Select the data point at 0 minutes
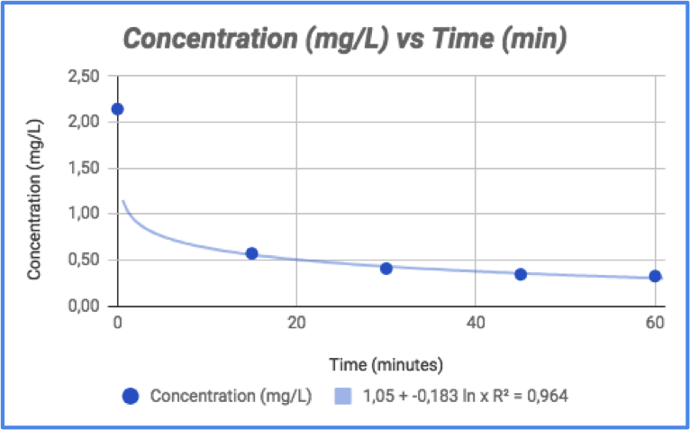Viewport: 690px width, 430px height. click(x=117, y=109)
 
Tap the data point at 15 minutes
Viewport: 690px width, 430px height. click(x=252, y=253)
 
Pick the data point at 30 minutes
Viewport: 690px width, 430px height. click(x=386, y=268)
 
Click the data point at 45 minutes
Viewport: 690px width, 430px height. click(x=521, y=274)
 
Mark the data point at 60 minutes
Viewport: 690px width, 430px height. click(x=655, y=276)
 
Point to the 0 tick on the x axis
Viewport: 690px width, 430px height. click(x=117, y=323)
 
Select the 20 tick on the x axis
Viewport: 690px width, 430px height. click(x=296, y=323)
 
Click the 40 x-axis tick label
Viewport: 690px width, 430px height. click(x=476, y=323)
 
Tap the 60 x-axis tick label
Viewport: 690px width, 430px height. click(x=655, y=323)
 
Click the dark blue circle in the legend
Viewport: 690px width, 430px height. click(x=131, y=396)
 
